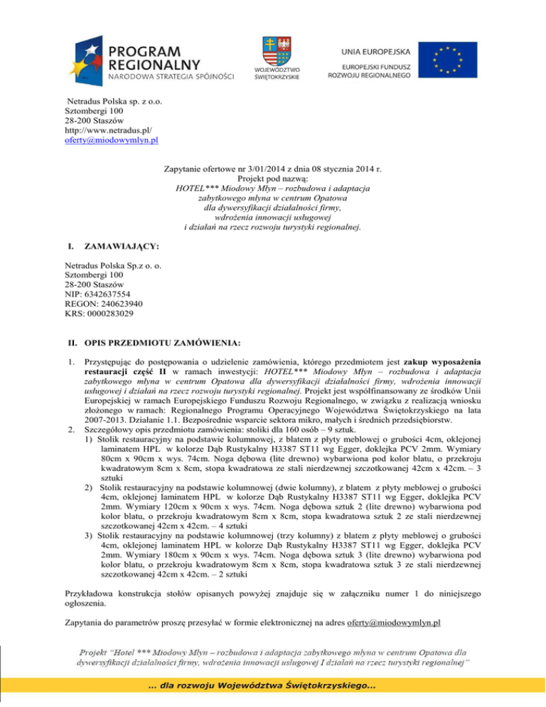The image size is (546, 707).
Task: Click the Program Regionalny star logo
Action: pos(85,58)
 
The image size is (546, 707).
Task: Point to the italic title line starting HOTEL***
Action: pos(272,188)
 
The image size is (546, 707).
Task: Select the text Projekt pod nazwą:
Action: pos(272,180)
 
